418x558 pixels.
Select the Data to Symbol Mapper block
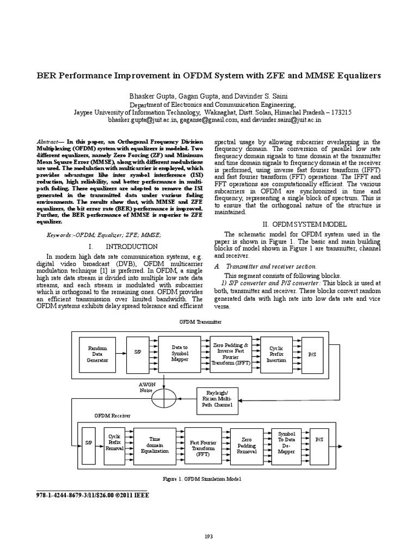coord(179,353)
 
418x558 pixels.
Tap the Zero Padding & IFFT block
coord(230,353)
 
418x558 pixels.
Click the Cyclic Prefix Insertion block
coord(277,353)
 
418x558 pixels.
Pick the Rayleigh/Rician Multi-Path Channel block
coord(216,398)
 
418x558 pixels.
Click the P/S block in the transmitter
coord(312,353)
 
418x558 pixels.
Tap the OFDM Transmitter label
coord(201,322)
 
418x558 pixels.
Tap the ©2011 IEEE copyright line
coord(91,495)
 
